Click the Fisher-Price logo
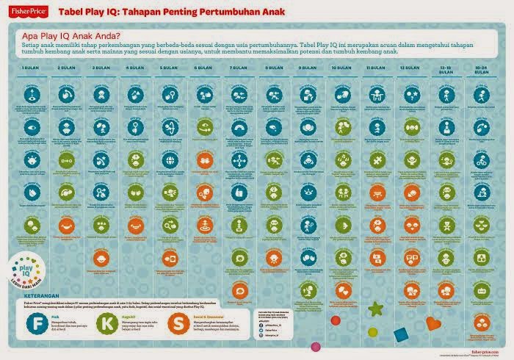click(26, 11)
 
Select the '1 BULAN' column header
click(30, 67)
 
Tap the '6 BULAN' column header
click(202, 67)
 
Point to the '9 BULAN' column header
click(307, 67)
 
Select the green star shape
click(376, 308)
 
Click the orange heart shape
click(432, 323)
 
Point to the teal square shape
click(401, 334)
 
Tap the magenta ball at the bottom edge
click(336, 321)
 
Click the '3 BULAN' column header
click(100, 67)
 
